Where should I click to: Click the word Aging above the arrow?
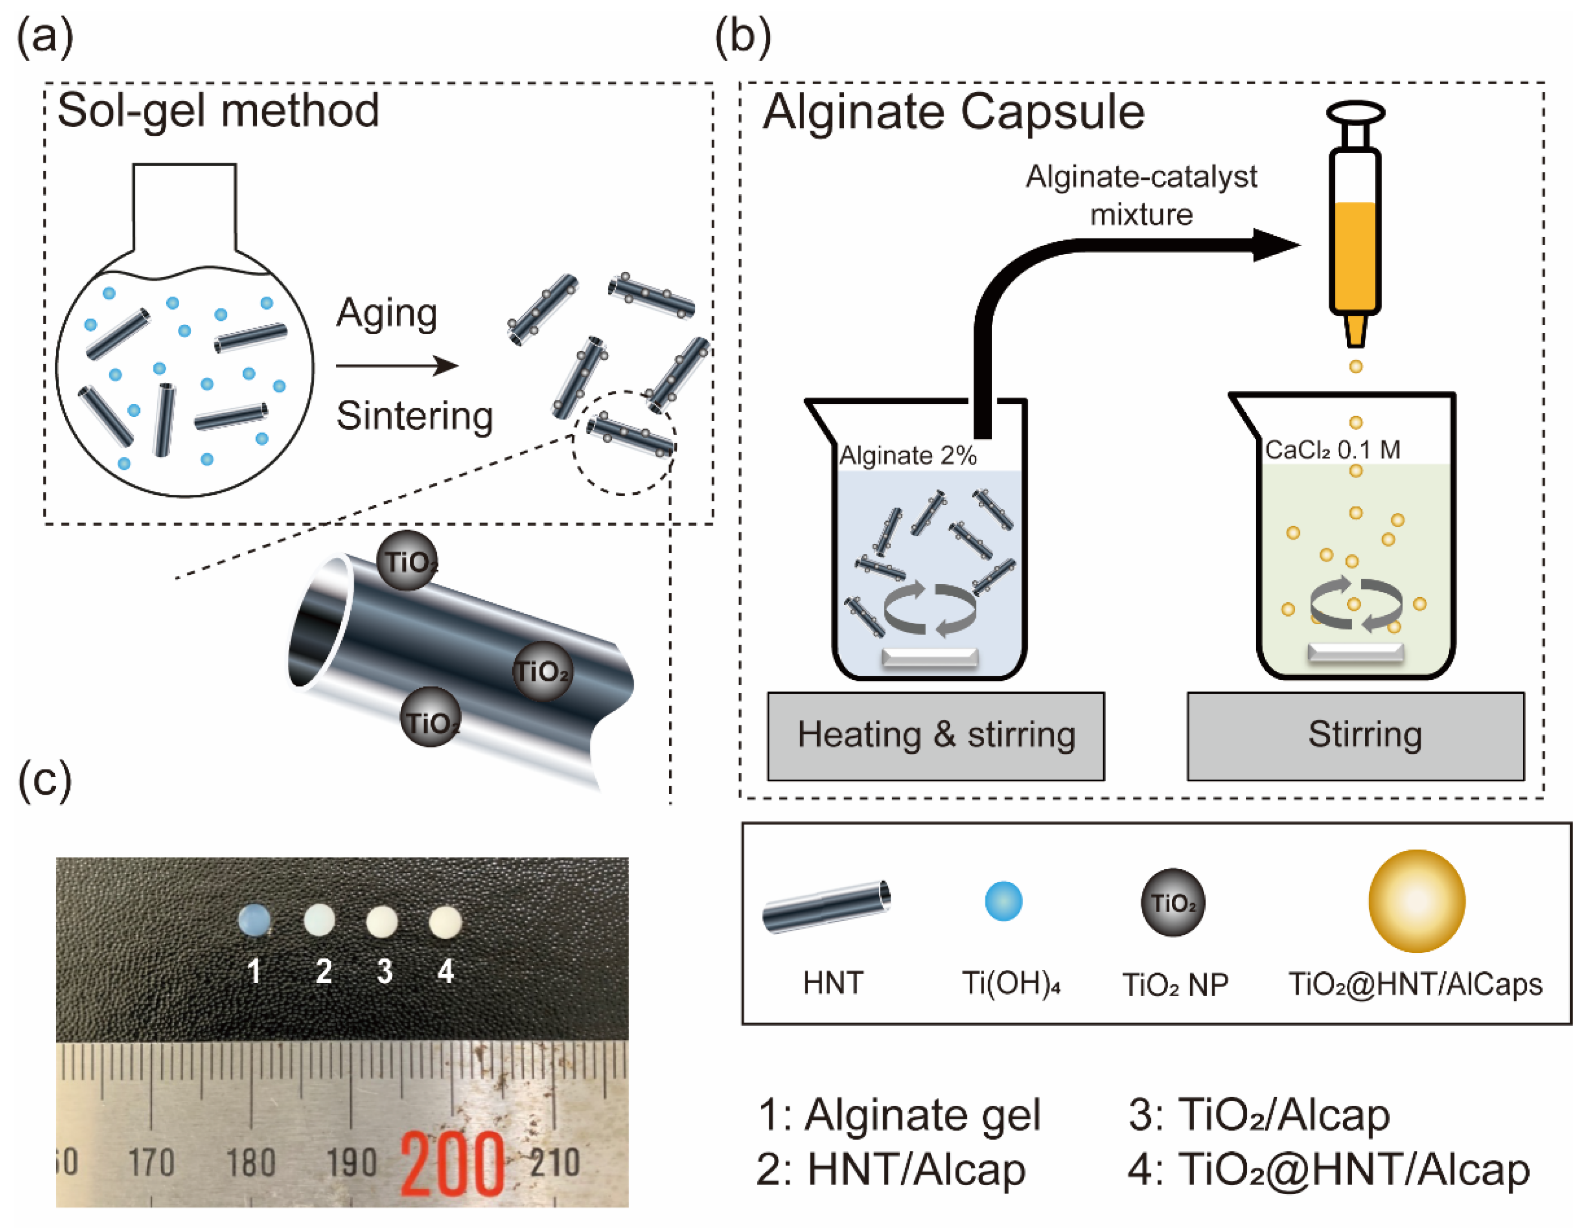tap(386, 313)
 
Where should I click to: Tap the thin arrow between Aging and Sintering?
tap(396, 365)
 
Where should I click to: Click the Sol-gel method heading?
tap(218, 110)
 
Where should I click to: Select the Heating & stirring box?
tap(935, 735)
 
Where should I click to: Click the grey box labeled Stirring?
tap(1355, 735)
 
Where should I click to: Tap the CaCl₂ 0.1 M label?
tap(1332, 450)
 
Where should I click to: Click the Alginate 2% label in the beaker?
tap(908, 456)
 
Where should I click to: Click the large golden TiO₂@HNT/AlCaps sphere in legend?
tap(1416, 901)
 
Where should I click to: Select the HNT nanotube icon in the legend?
tap(826, 906)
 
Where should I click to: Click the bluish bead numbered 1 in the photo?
tap(254, 919)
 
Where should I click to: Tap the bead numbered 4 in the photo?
tap(445, 922)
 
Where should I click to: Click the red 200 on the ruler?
tap(452, 1164)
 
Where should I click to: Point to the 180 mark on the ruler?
tap(251, 1162)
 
